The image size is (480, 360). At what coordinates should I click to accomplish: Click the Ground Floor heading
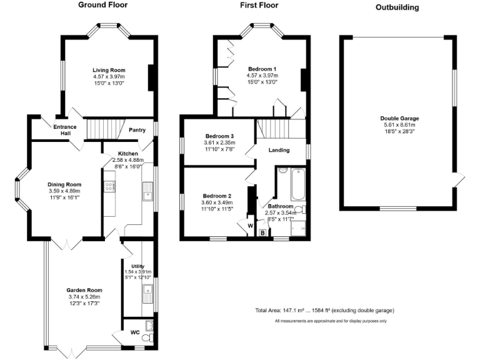103,5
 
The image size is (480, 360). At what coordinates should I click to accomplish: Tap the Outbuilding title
397,7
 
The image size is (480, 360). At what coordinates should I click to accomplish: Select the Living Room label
109,70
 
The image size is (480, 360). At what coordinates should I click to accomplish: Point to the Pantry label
137,130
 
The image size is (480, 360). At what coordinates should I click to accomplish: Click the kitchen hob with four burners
109,186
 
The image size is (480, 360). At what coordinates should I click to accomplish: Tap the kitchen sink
148,191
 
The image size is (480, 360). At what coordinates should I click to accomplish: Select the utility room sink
148,294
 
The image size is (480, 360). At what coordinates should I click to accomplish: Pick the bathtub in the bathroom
298,184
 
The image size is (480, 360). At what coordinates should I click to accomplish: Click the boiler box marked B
262,233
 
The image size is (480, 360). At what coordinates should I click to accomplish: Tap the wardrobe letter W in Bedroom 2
251,226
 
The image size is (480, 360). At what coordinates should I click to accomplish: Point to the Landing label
279,150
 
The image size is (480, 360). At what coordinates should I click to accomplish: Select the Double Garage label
399,119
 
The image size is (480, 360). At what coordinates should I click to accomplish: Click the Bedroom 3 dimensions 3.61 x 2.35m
219,142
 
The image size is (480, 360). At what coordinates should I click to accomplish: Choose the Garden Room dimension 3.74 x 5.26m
84,297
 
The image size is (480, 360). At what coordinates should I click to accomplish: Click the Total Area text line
325,311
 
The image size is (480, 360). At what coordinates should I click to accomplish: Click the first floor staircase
272,129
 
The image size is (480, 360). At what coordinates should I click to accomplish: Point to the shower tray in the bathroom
298,228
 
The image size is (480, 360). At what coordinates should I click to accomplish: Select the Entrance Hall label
65,130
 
